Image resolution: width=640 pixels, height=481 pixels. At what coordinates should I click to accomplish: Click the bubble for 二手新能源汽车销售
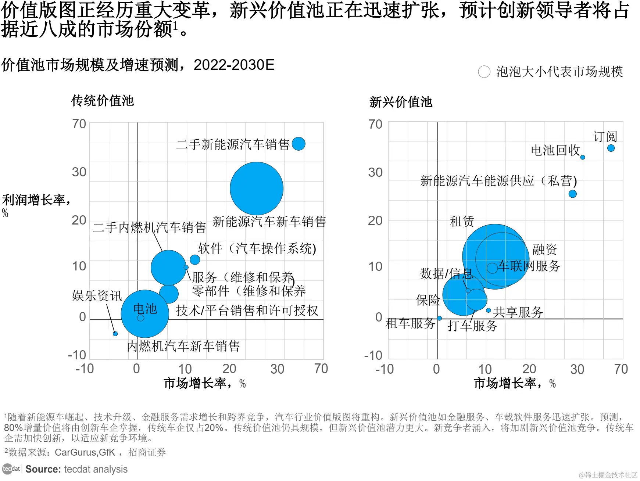point(298,144)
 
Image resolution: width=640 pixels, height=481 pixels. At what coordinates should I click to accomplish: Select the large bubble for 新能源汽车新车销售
point(257,189)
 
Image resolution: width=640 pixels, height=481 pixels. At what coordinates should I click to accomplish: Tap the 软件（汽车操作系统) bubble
point(195,259)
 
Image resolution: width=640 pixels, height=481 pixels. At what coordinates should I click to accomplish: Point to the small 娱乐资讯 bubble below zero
point(115,334)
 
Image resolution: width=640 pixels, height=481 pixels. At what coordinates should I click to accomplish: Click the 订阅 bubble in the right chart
point(611,148)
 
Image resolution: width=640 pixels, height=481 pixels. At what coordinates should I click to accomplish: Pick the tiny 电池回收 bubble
point(583,157)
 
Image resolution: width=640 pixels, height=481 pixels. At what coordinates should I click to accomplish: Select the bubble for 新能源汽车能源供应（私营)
point(573,194)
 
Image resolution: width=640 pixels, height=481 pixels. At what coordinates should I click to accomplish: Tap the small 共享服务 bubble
point(489,311)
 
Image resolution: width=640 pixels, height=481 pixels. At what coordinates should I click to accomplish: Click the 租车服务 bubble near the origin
point(439,318)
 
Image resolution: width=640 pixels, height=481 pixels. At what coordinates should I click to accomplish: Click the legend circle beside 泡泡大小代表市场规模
point(484,72)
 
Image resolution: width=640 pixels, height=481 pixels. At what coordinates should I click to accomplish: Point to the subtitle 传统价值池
point(103,101)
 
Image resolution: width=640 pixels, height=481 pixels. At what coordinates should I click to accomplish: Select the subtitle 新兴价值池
point(401,102)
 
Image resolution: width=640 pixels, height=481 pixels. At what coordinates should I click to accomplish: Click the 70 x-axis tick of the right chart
point(621,369)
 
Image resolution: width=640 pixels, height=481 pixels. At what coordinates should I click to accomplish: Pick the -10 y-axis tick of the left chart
point(77,355)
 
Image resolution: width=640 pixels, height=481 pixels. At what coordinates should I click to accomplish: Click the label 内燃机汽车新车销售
point(183,346)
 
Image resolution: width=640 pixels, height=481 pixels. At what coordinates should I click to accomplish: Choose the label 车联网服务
point(529,266)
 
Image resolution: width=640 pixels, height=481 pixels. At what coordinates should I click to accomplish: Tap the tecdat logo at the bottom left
point(11,469)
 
